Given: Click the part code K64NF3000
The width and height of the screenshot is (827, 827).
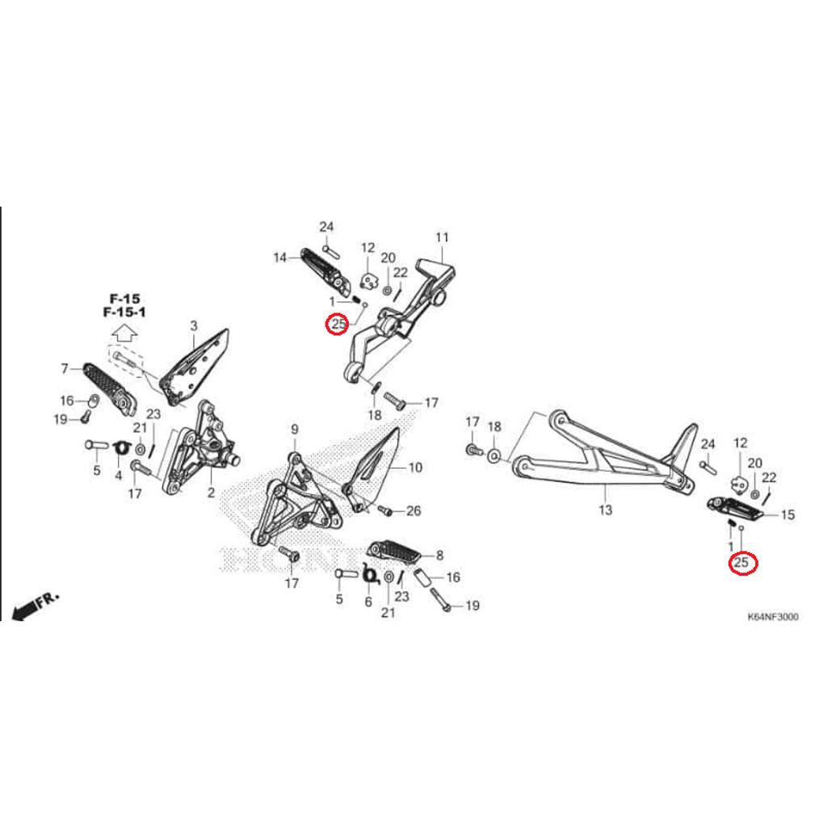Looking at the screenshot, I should coord(773,617).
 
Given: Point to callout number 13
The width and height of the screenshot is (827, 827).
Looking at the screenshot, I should coord(606,510).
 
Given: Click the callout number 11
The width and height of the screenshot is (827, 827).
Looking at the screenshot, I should coord(441,237).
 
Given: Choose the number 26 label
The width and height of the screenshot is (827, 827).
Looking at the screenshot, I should coord(413,510).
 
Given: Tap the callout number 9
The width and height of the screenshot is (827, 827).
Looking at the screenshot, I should coord(295,429).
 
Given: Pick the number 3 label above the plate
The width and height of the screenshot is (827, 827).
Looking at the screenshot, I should coord(194,325).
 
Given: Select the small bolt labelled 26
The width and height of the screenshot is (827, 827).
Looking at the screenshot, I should coord(385,511).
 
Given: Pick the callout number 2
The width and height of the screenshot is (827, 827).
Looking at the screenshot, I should coord(210,492).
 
